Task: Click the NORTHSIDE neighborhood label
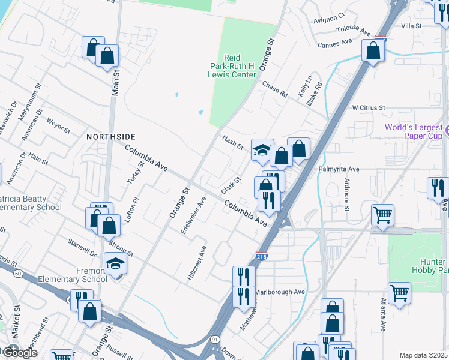tap(110, 137)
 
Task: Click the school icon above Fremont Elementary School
tap(116, 264)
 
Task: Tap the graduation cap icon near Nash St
tap(262, 150)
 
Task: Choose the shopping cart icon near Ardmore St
tap(382, 214)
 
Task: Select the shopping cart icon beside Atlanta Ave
tap(399, 293)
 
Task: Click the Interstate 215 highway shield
tap(261, 256)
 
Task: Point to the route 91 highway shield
tap(215, 339)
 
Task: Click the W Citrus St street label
tap(368, 107)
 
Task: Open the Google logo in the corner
tap(19, 353)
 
